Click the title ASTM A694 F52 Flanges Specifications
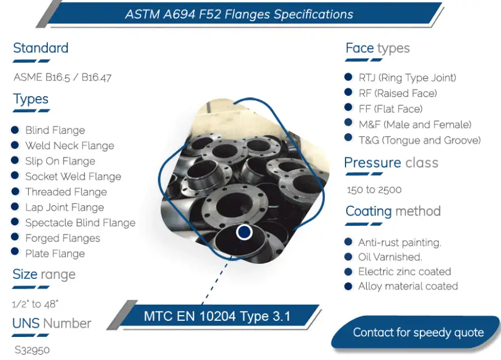239,14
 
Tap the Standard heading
40,48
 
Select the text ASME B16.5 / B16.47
63,77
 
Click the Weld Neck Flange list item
70,146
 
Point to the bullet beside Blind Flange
15,130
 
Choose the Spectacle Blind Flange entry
80,223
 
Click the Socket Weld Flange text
73,176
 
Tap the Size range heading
44,274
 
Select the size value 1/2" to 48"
35,304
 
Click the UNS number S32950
32,350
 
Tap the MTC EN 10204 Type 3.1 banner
217,316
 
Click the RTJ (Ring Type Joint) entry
407,78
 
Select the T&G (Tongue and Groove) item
420,141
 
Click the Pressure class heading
391,163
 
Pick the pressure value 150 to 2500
374,190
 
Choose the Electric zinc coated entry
404,271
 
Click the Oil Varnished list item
390,257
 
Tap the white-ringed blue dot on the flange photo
244,233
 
